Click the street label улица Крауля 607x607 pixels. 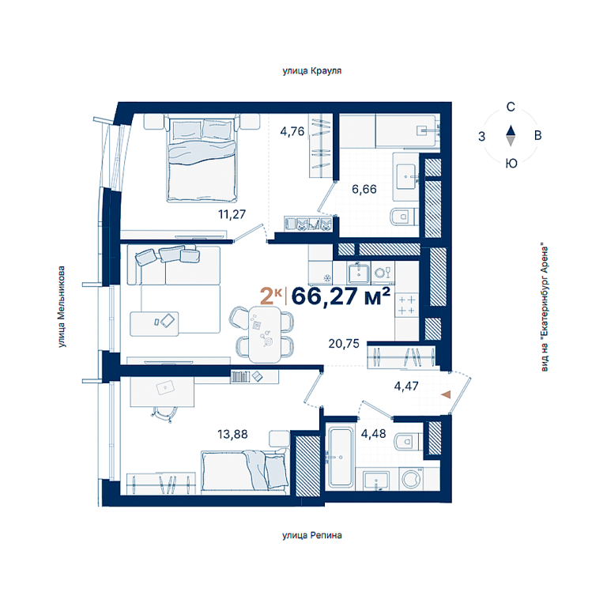pos(311,71)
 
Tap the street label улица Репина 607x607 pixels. pos(311,535)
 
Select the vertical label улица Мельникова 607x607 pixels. pos(61,307)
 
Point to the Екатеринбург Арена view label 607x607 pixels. pos(545,307)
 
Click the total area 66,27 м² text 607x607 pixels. pos(341,296)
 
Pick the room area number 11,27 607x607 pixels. pos(232,214)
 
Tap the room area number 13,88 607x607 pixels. pos(232,434)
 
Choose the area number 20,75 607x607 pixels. pos(344,343)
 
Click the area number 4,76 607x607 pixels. pos(292,132)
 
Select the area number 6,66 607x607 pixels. pos(364,189)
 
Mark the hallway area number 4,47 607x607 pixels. pos(406,386)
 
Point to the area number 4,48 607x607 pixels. pos(373,434)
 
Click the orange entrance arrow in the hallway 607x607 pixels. pos(447,394)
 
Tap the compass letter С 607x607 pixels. pos(511,107)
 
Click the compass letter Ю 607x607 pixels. pos(511,164)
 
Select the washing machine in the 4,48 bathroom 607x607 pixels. pos(412,479)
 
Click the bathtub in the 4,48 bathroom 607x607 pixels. pos(341,457)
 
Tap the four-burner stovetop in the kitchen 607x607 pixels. pos(406,305)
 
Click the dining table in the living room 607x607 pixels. pos(265,334)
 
